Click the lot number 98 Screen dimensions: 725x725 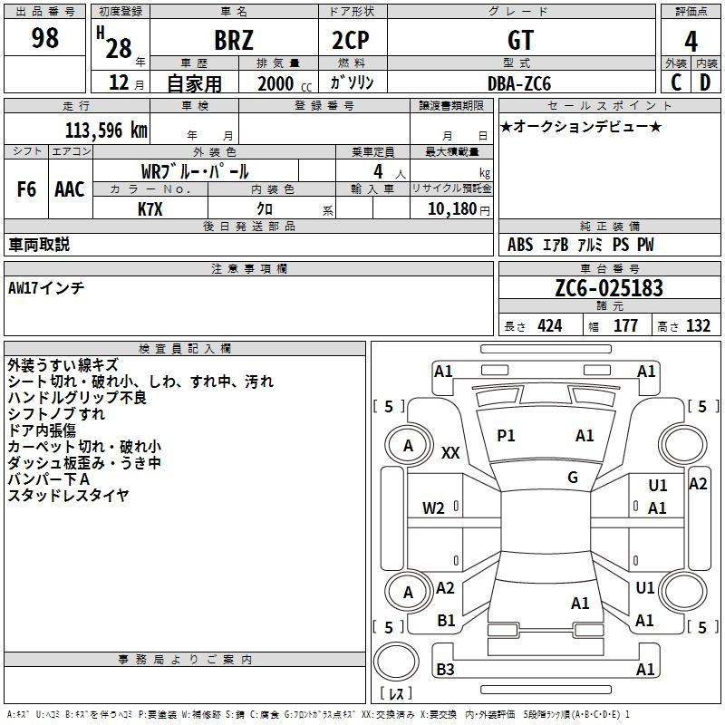tap(44, 37)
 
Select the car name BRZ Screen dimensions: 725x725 tap(234, 40)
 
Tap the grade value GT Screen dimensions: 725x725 tap(520, 40)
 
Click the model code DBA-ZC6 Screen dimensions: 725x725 tap(519, 83)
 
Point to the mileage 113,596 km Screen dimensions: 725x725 tap(106, 130)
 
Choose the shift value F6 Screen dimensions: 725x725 tap(26, 189)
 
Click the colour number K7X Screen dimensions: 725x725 tap(150, 209)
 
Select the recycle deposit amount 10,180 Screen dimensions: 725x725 tap(452, 209)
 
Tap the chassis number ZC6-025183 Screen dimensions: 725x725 tap(609, 288)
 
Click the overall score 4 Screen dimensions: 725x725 tap(691, 42)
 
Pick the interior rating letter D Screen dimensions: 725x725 tap(705, 82)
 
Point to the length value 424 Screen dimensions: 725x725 tap(550, 326)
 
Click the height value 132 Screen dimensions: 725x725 tap(698, 326)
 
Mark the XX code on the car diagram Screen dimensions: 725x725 tap(450, 452)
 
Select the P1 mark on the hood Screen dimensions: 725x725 tap(506, 436)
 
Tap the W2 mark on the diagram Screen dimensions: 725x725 tap(433, 508)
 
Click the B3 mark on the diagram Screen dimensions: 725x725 tap(445, 669)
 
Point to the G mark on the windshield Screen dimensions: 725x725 tap(573, 478)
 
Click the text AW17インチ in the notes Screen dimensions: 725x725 tap(46, 288)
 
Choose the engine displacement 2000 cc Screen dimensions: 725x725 tap(285, 83)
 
